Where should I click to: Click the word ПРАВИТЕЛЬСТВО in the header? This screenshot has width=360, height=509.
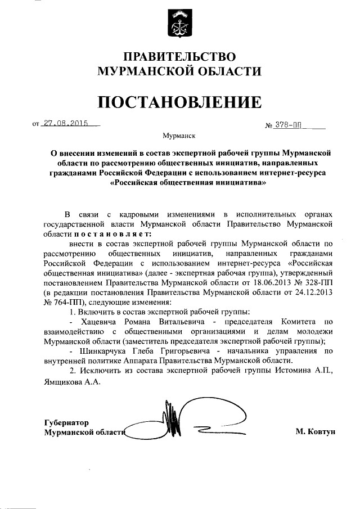tap(179, 57)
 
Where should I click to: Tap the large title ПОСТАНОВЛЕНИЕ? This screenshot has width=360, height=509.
tap(179, 102)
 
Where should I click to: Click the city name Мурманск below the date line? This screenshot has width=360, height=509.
tap(179, 136)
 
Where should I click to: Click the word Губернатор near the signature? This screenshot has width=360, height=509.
tap(67, 422)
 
